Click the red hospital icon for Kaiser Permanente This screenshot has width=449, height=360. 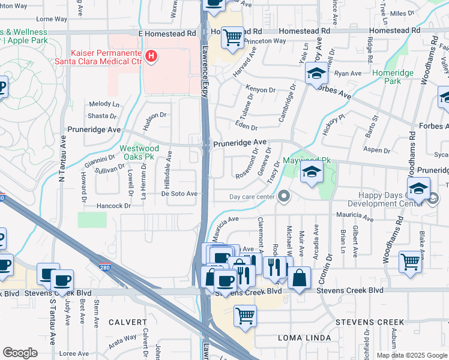[x=152, y=57]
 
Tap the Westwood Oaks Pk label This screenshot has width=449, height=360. [x=139, y=152]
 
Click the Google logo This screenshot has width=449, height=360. [x=20, y=353]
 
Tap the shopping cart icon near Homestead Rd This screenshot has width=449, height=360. [x=232, y=38]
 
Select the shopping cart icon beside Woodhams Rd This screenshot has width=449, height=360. [x=410, y=261]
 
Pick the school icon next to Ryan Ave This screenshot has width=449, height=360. [x=316, y=74]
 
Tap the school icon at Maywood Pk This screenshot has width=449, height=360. [x=312, y=174]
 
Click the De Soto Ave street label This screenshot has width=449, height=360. [x=179, y=194]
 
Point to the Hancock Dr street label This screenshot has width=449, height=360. [x=112, y=206]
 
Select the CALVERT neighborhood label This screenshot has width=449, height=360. [x=128, y=322]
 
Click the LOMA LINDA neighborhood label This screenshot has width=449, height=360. [x=302, y=337]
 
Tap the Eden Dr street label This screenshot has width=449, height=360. [x=246, y=128]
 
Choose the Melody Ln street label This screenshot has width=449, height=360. [x=104, y=104]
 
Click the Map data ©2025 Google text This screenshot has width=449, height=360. [x=411, y=355]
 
